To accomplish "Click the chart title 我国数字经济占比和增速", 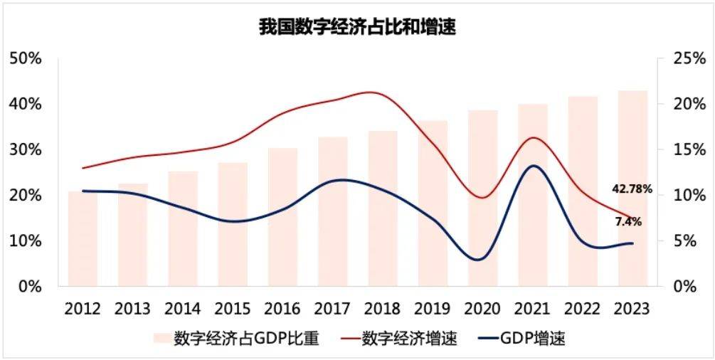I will pos(356,27).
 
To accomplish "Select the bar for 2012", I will pos(83,238).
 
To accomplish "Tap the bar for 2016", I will pos(282,217).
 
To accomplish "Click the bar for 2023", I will pos(632,189).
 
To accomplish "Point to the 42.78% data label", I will pos(632,189).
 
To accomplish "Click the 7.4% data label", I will pos(628,222).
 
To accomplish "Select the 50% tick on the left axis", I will pos(26,58).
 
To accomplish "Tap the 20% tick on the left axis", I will pos(26,196).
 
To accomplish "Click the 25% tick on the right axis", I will pos(688,58).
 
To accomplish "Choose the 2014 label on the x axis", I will pos(183,309).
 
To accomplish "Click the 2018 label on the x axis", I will pos(382,309).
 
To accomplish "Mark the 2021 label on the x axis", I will pos(532,309).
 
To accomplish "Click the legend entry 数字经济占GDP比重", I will pos(246,339).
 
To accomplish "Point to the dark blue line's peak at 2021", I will pos(532,166).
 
